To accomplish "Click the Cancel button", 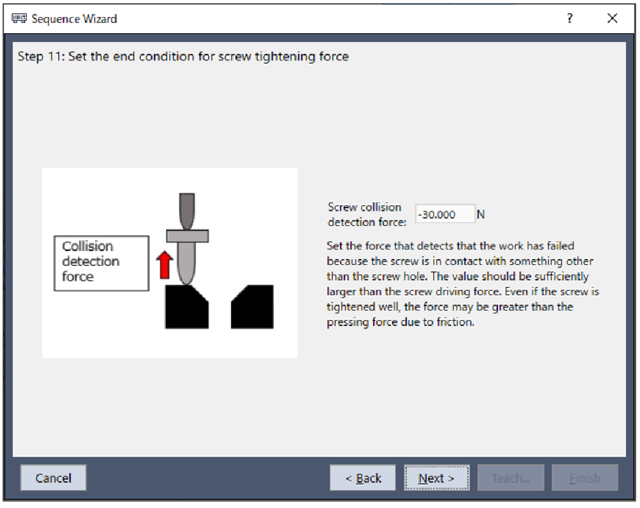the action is pos(53,477).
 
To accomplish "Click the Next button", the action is pos(436,477).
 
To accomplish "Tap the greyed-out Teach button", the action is pos(511,477).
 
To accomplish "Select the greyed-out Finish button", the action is pos(585,477).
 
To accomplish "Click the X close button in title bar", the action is pos(612,18).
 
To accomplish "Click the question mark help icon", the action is pos(570,18).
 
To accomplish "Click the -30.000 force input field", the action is pos(445,215).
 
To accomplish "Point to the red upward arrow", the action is pos(164,265).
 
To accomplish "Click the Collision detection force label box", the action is pos(101,263).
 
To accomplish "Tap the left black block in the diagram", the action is pos(186,306).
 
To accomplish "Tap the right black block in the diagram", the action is pos(252,306).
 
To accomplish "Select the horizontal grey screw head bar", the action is pos(187,236).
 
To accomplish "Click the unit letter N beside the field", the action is pos(481,215).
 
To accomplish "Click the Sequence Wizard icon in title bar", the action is pos(19,18).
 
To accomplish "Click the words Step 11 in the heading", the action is pos(41,56).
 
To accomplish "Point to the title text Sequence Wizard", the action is pos(75,18).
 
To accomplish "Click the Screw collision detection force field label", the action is pos(367,215).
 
